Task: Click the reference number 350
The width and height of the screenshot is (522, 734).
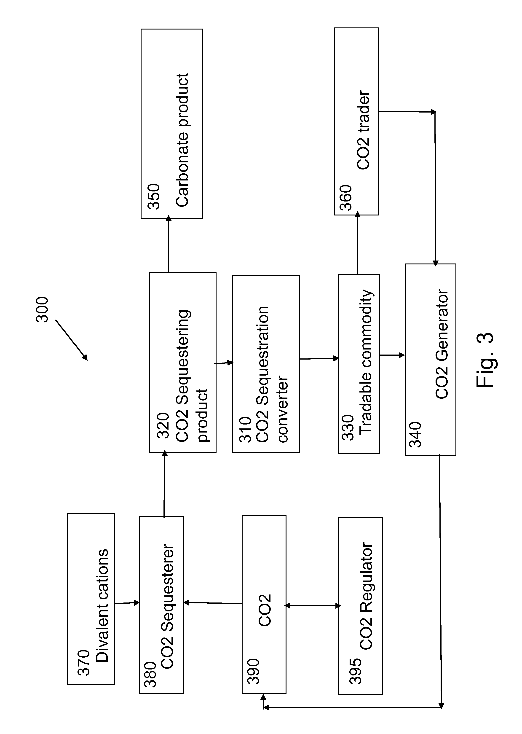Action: [154, 196]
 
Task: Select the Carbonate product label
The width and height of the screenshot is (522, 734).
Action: [182, 140]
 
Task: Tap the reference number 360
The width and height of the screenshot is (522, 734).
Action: [346, 198]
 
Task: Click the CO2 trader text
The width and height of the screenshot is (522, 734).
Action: [364, 130]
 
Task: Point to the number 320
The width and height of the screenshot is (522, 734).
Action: [163, 425]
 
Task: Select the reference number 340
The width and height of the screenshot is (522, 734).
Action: [415, 435]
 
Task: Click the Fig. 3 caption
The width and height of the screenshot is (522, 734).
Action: [485, 359]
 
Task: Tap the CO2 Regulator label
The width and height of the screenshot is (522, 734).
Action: [366, 596]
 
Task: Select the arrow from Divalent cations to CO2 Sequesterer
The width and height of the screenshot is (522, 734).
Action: [127, 603]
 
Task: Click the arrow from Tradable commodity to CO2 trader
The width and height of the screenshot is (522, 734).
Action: [358, 243]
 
